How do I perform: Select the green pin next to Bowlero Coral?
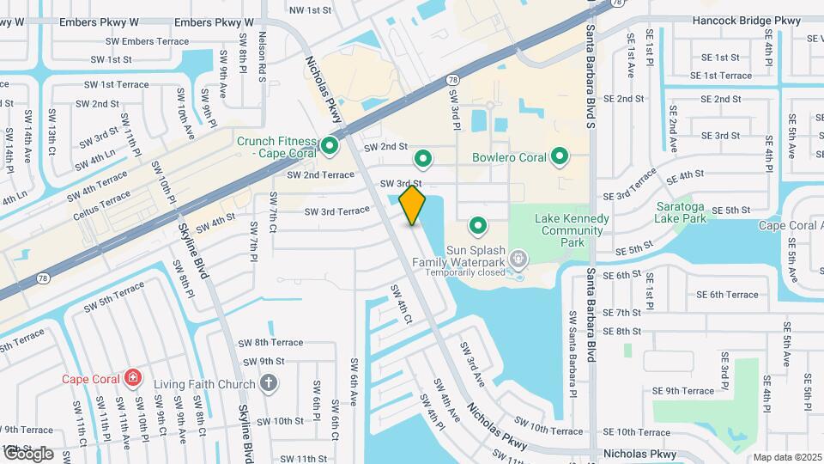[560, 156]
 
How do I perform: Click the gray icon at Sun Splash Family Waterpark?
[518, 258]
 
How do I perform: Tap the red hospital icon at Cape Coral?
[132, 378]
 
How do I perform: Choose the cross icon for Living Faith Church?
[269, 383]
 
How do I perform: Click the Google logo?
[27, 453]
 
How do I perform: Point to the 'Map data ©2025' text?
[786, 457]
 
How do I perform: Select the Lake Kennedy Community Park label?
[572, 230]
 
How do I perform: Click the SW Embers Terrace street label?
[148, 41]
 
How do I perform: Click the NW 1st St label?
[310, 10]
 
